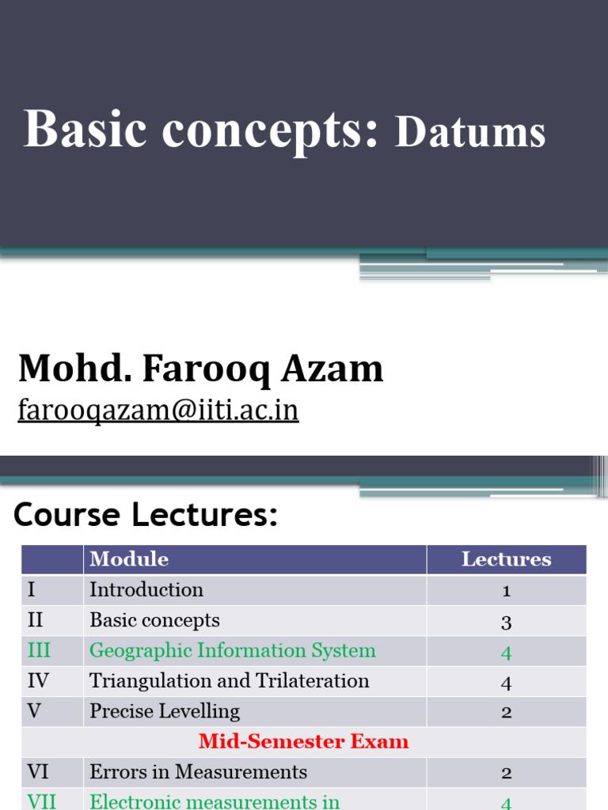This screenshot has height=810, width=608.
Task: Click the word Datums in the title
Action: pos(470,132)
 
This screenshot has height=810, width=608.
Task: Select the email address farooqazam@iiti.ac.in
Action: pos(158,411)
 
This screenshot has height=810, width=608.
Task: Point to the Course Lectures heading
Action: pos(146,515)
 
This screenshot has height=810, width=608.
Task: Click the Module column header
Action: pos(129,559)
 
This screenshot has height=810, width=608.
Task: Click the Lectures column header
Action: pos(506,559)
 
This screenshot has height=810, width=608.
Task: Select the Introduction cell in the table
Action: pos(146,590)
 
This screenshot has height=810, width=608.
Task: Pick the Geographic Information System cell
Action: pos(232,651)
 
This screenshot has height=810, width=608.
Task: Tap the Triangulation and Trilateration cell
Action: pos(229,681)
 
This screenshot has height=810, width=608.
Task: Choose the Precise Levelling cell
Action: pos(165,711)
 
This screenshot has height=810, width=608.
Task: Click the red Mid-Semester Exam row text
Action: pos(303,741)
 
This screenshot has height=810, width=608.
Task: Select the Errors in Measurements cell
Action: pos(198,772)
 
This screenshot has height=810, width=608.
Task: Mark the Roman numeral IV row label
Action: pos(40,681)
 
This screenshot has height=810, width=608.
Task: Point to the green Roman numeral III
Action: pos(39,651)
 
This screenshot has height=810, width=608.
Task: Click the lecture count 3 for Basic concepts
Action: pos(506,622)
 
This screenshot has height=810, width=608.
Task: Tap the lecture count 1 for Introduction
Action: pos(506,591)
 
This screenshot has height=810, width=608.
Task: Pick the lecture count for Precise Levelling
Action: pos(506,712)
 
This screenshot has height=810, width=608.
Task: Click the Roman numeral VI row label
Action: pos(40,772)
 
